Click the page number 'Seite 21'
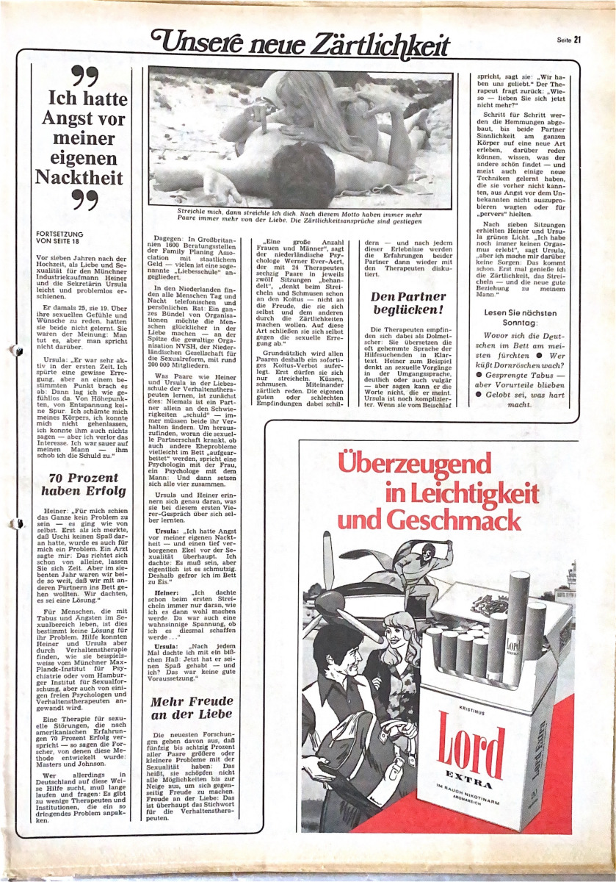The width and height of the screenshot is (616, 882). pyautogui.click(x=568, y=40)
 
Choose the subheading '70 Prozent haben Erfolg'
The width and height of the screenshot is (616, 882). pyautogui.click(x=81, y=484)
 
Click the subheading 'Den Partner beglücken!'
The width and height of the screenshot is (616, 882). pyautogui.click(x=408, y=304)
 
